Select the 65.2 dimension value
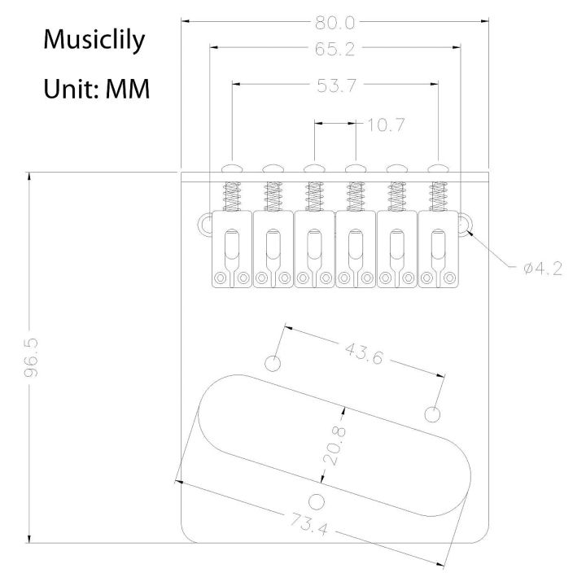tap(335, 50)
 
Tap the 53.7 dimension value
tap(335, 85)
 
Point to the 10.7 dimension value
tap(386, 125)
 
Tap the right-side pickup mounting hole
tap(434, 414)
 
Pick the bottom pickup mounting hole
tap(316, 499)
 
